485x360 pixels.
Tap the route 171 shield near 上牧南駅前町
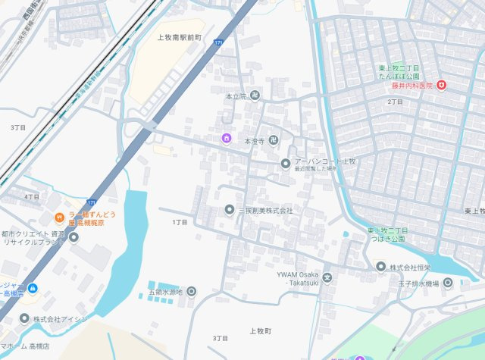click(218, 43)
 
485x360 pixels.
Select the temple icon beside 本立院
click(255, 96)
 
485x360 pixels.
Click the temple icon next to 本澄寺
click(273, 141)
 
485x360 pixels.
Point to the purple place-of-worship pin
click(226, 137)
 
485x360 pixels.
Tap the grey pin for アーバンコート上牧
click(285, 163)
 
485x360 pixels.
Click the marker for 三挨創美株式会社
click(230, 209)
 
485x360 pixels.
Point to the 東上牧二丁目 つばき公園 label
click(387, 234)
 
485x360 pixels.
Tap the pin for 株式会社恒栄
click(381, 266)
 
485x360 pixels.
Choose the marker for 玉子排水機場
click(448, 283)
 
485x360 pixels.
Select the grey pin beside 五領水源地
click(191, 291)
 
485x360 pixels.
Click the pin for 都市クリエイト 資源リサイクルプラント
click(74, 237)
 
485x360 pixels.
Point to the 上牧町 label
click(260, 332)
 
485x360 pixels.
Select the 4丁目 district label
click(32, 196)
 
